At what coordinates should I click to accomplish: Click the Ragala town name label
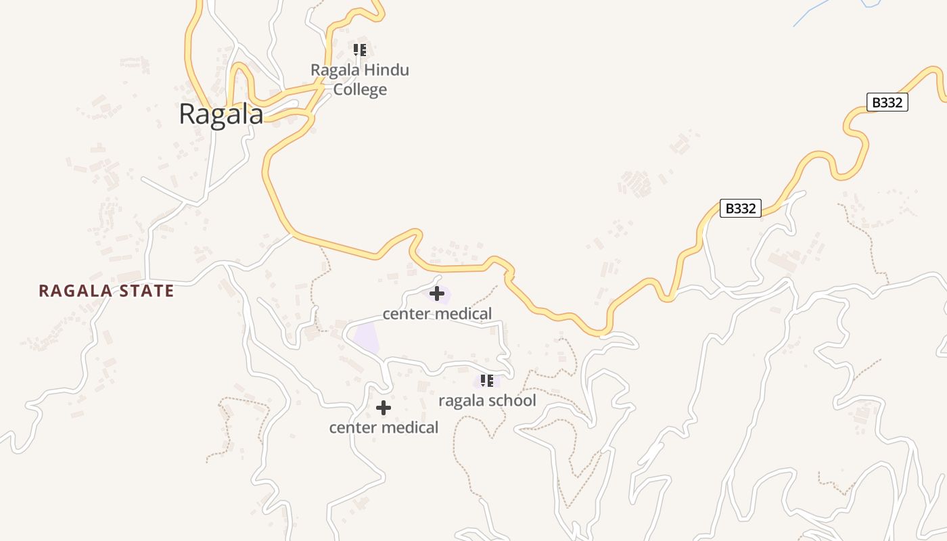(221, 114)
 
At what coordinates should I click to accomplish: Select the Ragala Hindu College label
(360, 80)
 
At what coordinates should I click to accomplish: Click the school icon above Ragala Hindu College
(360, 50)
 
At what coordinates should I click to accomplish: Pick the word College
(360, 89)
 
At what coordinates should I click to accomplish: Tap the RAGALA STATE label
(106, 291)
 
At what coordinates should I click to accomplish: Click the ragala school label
(487, 400)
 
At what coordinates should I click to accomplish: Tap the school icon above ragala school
(487, 381)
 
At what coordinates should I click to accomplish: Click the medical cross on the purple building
(437, 293)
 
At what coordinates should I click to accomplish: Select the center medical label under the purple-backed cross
(437, 314)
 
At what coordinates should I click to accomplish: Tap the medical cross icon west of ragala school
(384, 408)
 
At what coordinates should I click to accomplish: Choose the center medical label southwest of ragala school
(384, 428)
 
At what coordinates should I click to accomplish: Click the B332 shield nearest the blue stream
(887, 103)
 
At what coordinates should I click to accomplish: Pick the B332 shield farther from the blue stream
(740, 208)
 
